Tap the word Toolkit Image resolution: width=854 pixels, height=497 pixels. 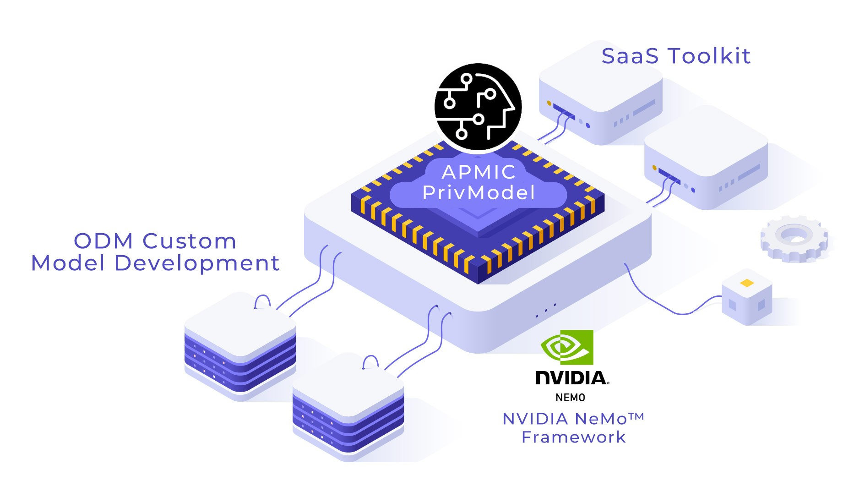(709, 56)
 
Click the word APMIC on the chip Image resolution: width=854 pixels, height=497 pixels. (479, 172)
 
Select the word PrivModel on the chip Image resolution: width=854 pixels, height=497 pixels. (479, 193)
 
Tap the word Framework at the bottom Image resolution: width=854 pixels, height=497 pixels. (573, 437)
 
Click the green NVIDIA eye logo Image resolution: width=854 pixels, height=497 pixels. (567, 347)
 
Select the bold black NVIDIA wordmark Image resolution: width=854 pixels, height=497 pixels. (572, 378)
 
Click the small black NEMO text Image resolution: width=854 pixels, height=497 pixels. (570, 398)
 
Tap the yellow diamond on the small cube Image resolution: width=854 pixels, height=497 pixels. (747, 283)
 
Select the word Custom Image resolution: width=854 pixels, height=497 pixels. (189, 241)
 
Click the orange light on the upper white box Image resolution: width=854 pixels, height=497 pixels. (549, 103)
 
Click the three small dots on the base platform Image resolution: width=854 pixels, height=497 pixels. (546, 311)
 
